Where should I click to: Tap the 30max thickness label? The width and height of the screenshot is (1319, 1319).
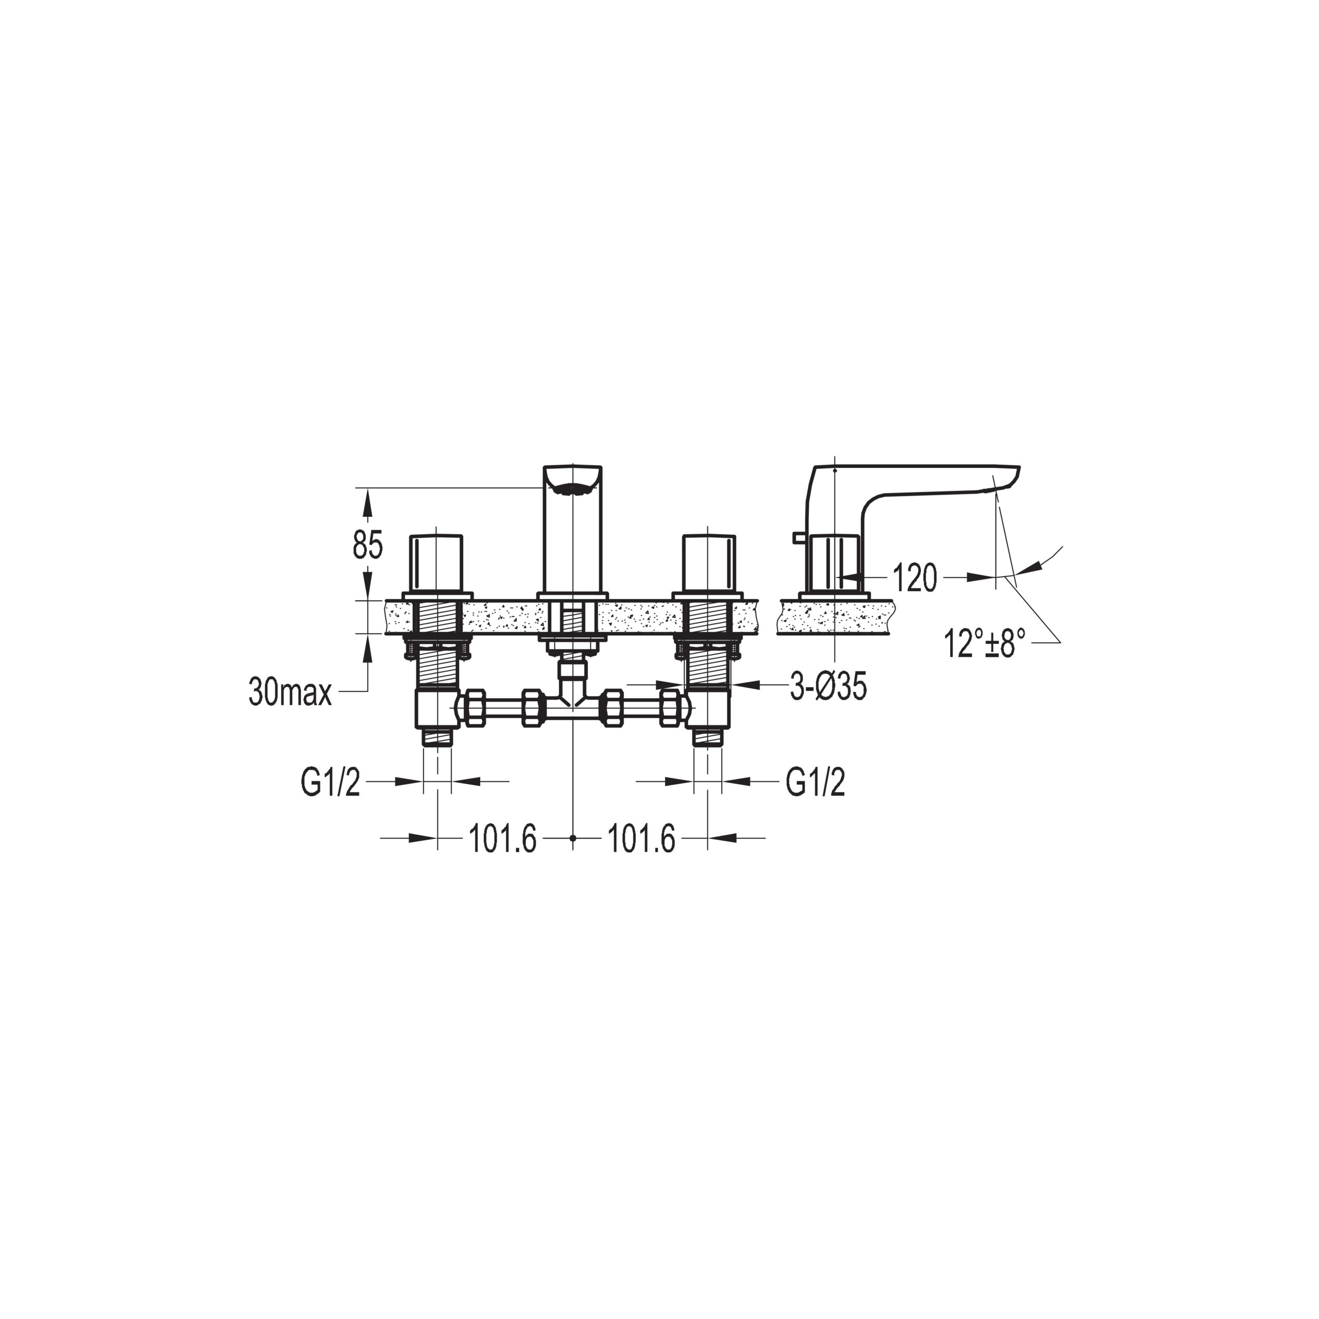click(290, 692)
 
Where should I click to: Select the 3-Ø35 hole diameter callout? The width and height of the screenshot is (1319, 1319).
click(828, 687)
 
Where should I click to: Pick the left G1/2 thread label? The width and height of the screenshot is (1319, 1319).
click(330, 783)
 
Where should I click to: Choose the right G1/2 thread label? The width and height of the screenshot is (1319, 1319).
click(815, 783)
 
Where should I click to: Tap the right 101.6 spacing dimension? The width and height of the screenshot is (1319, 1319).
click(641, 838)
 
